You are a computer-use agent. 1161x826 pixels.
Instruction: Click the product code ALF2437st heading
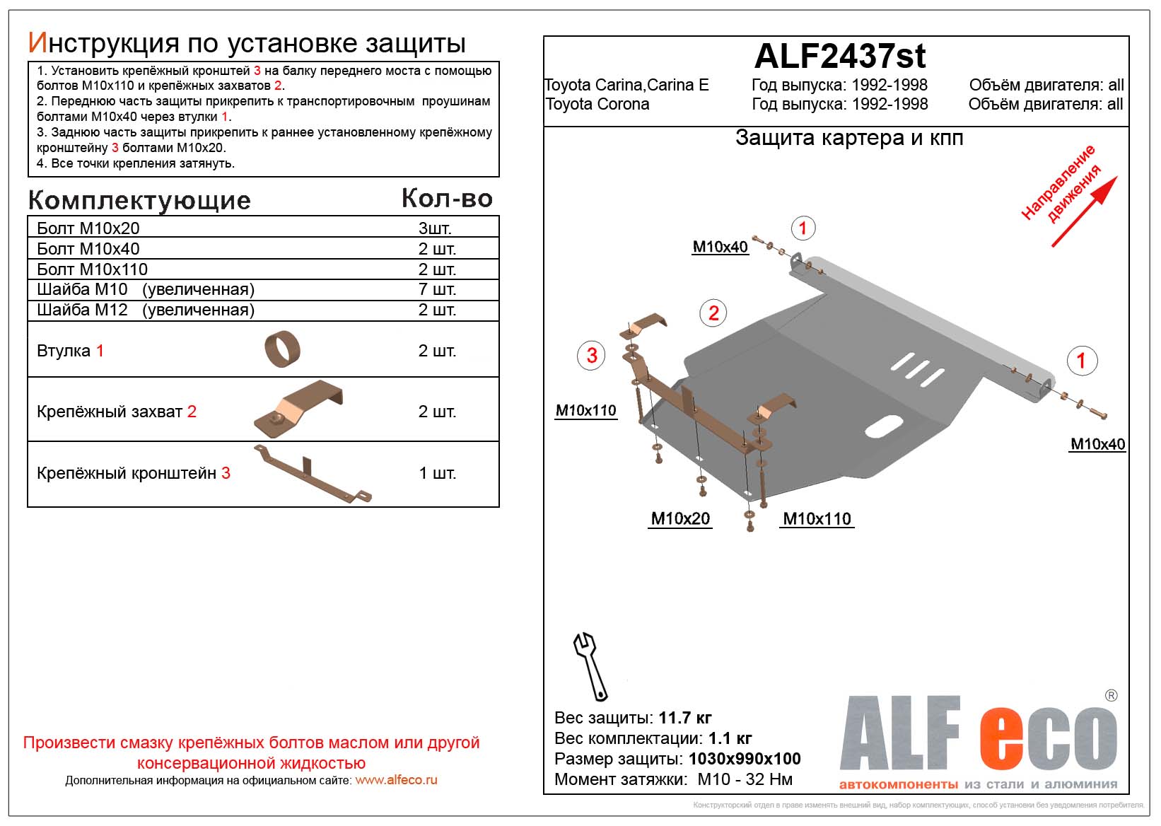(x=840, y=56)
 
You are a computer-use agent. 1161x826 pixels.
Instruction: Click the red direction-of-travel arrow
(x=1085, y=211)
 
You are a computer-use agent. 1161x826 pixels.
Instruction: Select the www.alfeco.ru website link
(x=396, y=780)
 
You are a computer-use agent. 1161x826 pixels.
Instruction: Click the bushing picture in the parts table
(x=282, y=349)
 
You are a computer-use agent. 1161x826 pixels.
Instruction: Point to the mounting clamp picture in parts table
(x=298, y=409)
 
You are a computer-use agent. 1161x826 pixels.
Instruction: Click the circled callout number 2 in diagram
(x=713, y=313)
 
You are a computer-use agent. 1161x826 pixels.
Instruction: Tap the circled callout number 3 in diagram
(x=592, y=355)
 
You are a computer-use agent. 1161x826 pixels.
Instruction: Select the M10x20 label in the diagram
(x=680, y=518)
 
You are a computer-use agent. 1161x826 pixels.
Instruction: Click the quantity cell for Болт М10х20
(x=435, y=228)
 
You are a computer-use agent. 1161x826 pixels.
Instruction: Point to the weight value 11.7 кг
(x=684, y=718)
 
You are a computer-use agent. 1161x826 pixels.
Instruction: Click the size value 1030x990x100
(x=745, y=759)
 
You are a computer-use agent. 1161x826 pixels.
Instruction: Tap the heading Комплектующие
(x=139, y=200)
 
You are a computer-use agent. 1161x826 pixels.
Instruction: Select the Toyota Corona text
(x=597, y=104)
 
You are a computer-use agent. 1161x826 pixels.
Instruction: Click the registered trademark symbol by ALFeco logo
(x=1111, y=696)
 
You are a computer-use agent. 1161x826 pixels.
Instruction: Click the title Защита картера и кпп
(x=849, y=137)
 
